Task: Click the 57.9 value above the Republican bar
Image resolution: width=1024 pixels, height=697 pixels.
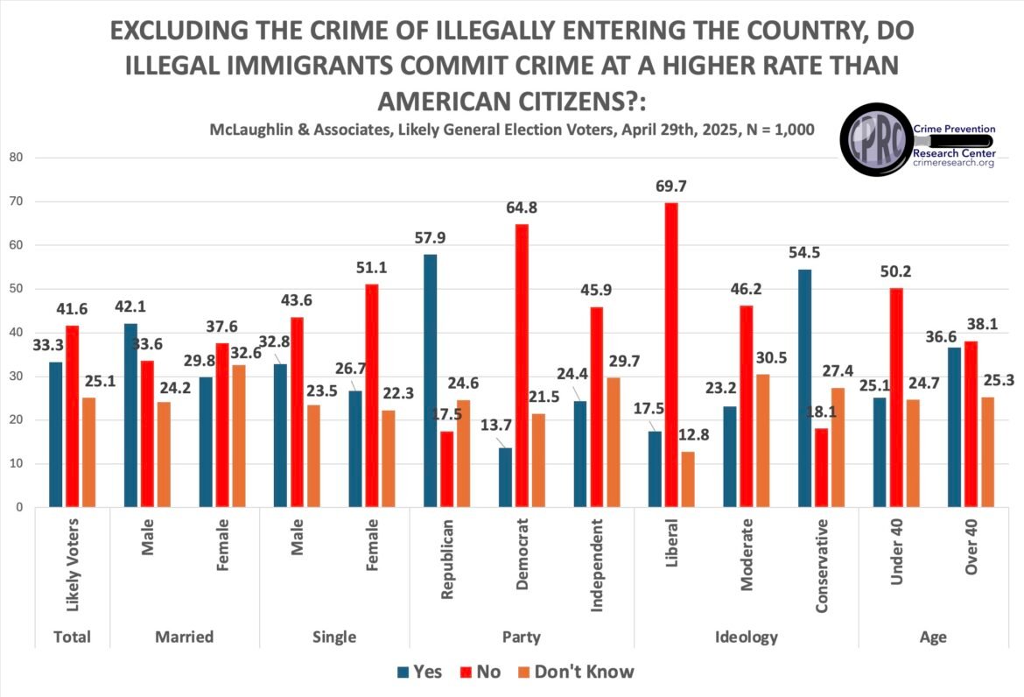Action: tap(430, 238)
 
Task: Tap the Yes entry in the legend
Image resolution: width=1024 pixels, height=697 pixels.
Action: tap(419, 672)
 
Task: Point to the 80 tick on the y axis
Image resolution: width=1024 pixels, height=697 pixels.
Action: tap(16, 158)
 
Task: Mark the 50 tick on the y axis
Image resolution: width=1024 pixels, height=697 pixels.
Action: tap(16, 289)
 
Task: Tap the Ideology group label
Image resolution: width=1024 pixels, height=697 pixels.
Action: tap(746, 637)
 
